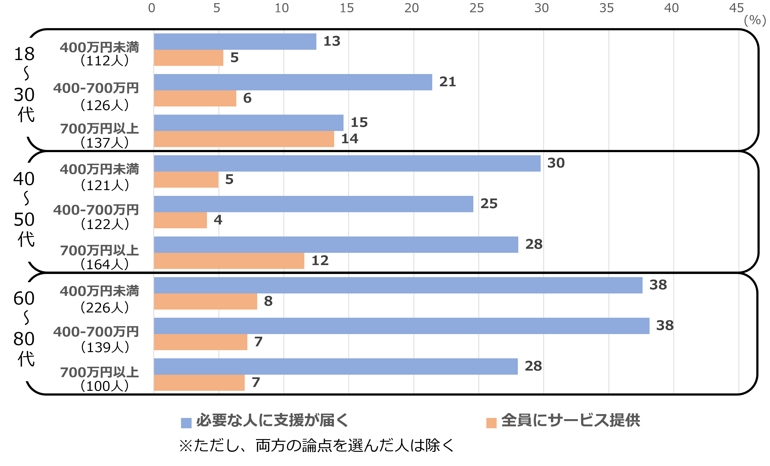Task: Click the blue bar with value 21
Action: (293, 82)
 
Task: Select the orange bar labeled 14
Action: (244, 139)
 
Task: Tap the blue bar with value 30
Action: (347, 163)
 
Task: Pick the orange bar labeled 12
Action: (229, 261)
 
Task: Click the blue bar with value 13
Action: (235, 42)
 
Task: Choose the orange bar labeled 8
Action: (205, 301)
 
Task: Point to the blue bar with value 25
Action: (313, 204)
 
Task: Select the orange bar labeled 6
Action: (195, 98)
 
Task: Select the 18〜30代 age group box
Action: (26, 87)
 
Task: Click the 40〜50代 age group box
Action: (26, 212)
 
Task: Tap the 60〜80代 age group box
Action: (26, 331)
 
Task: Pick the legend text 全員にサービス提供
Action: (571, 420)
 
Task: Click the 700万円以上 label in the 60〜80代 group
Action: (99, 372)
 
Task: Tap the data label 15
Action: (359, 122)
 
